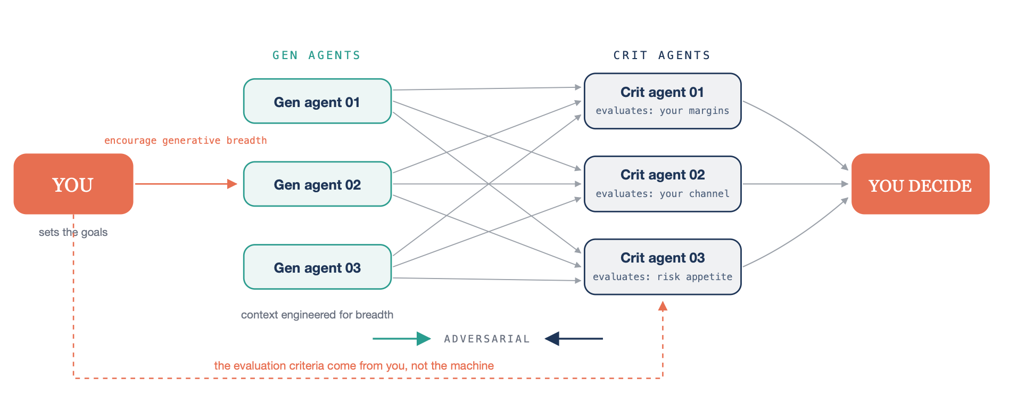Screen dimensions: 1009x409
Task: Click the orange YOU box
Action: [73, 184]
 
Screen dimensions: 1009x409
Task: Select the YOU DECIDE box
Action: [920, 184]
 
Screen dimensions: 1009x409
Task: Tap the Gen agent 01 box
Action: [317, 101]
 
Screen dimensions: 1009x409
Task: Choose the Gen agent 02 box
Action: [317, 184]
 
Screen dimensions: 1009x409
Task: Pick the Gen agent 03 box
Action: [317, 267]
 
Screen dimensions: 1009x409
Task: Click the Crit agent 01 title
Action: [662, 92]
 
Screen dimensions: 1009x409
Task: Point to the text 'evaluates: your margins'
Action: [663, 111]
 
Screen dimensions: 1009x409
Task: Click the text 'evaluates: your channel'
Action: [663, 194]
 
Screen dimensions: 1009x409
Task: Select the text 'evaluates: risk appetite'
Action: [663, 277]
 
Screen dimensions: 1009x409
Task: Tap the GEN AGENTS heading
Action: [317, 55]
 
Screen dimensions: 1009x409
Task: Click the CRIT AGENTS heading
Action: [662, 55]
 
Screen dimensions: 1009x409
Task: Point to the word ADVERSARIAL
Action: [487, 339]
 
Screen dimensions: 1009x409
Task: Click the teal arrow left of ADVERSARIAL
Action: [402, 339]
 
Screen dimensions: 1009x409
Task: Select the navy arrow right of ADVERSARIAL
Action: [574, 339]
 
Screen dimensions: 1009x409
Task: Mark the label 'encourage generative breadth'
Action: [186, 141]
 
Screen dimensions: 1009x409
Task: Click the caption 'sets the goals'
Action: [73, 232]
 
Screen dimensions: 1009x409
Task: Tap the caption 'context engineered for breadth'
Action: [317, 315]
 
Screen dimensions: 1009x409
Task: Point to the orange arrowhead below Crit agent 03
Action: [663, 306]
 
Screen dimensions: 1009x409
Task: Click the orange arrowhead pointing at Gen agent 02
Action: [232, 184]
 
